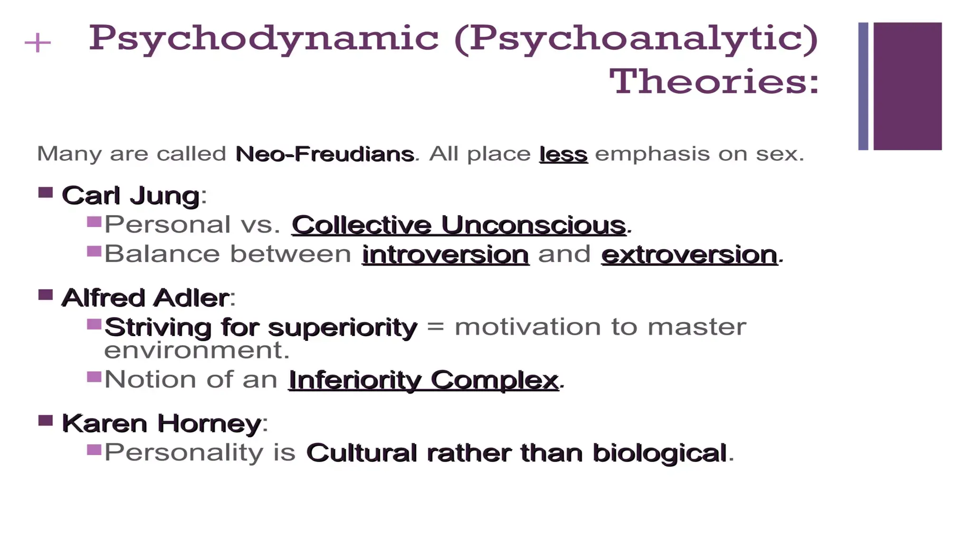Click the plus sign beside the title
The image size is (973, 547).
pyautogui.click(x=38, y=43)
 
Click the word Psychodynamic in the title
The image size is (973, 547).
pyautogui.click(x=264, y=38)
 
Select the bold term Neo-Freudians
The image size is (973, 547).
pyautogui.click(x=325, y=154)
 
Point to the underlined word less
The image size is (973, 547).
pyautogui.click(x=563, y=154)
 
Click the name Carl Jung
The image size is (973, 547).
pyautogui.click(x=131, y=196)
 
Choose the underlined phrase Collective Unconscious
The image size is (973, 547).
pyautogui.click(x=458, y=225)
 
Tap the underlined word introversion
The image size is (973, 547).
pyautogui.click(x=445, y=254)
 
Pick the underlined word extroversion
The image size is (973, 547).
pyautogui.click(x=689, y=254)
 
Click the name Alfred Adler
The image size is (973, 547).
pyautogui.click(x=145, y=298)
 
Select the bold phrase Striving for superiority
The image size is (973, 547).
pyautogui.click(x=261, y=327)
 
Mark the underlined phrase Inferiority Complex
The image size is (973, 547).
pyautogui.click(x=423, y=380)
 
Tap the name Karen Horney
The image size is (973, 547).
pyautogui.click(x=162, y=423)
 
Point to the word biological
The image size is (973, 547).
pyautogui.click(x=659, y=453)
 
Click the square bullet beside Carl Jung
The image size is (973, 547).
pyautogui.click(x=46, y=193)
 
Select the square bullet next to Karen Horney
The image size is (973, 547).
pyautogui.click(x=46, y=421)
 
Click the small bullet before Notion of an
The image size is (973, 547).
pyautogui.click(x=95, y=377)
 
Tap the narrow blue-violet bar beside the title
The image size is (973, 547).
pyautogui.click(x=863, y=86)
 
